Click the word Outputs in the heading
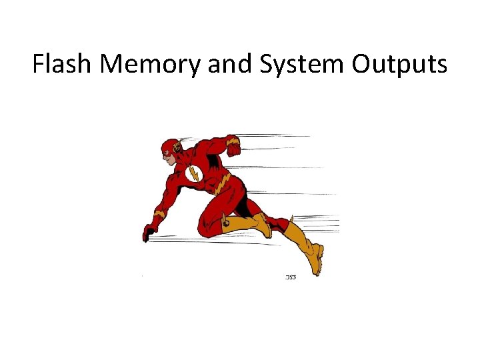click(x=399, y=64)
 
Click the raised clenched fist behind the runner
click(x=233, y=148)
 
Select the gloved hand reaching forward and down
click(x=149, y=233)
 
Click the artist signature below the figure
click(x=291, y=277)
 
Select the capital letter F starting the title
click(x=38, y=64)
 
